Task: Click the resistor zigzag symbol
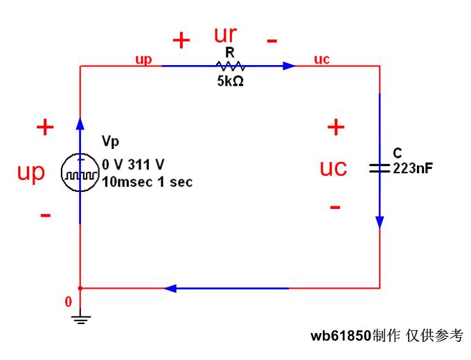click(x=230, y=66)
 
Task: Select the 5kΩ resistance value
click(x=230, y=80)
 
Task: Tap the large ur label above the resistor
click(x=226, y=35)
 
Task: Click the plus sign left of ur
click(x=181, y=41)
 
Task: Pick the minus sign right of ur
click(x=272, y=40)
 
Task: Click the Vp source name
click(x=110, y=142)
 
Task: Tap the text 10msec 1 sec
click(x=147, y=183)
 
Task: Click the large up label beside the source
click(x=30, y=172)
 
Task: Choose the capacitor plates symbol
click(x=380, y=168)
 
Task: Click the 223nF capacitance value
click(x=413, y=168)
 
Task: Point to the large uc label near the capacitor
click(x=333, y=168)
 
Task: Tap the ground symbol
click(x=81, y=318)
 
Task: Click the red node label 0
click(x=68, y=302)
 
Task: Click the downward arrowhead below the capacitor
click(x=380, y=222)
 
